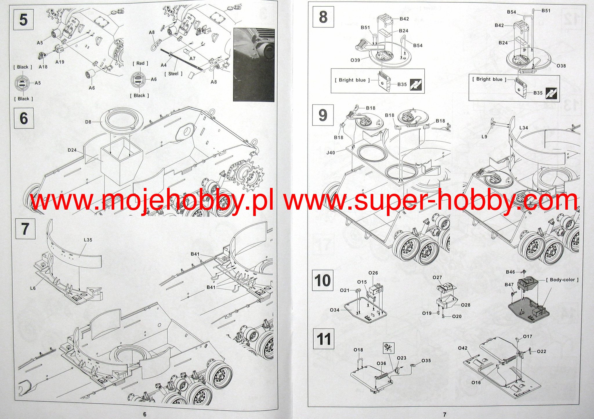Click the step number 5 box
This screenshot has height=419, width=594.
pyautogui.click(x=23, y=20)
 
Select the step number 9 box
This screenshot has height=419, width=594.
pyautogui.click(x=323, y=115)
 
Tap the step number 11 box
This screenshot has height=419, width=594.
pyautogui.click(x=323, y=339)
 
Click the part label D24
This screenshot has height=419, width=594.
pyautogui.click(x=72, y=150)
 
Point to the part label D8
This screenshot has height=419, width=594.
pyautogui.click(x=88, y=122)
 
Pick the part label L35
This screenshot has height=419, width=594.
pyautogui.click(x=88, y=240)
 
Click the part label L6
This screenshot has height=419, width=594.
pyautogui.click(x=33, y=288)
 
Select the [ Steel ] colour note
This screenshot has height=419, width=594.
pyautogui.click(x=173, y=74)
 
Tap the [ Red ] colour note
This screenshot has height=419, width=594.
pyautogui.click(x=140, y=64)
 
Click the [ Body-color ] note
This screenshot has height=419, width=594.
pyautogui.click(x=562, y=280)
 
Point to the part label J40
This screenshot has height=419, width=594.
pyautogui.click(x=331, y=153)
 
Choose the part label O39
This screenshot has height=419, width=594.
pyautogui.click(x=355, y=60)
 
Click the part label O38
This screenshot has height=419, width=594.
pyautogui.click(x=561, y=66)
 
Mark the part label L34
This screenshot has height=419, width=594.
pyautogui.click(x=524, y=128)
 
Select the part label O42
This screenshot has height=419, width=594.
pyautogui.click(x=463, y=348)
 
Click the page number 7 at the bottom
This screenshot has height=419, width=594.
pyautogui.click(x=445, y=414)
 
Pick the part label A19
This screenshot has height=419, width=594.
pyautogui.click(x=60, y=62)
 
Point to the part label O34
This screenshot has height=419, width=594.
pyautogui.click(x=334, y=310)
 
